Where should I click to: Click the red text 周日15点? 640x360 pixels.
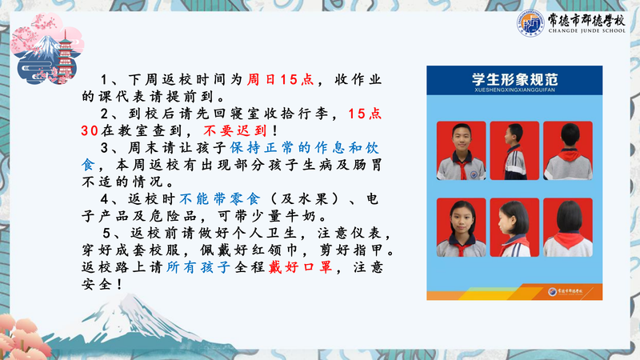pos(280,79)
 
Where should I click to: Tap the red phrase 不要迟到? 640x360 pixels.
pos(235,130)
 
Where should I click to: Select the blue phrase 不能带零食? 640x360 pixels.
pos(219,198)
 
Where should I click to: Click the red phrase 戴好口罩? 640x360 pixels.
pos(301,267)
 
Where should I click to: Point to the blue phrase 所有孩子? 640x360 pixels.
pos(198,267)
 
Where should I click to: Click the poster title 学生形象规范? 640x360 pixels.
pos(514,78)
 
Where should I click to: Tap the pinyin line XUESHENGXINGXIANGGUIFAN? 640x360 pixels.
pos(514,90)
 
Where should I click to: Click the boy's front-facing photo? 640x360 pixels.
pos(462,150)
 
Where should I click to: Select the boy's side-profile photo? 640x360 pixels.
pos(514,150)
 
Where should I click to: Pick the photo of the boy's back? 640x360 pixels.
pos(568,150)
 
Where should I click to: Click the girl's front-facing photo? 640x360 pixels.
pos(462,227)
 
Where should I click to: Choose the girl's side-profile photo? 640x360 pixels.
pos(514,227)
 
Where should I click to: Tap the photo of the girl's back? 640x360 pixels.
pos(568,227)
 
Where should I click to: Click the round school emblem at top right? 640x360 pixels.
pos(530,23)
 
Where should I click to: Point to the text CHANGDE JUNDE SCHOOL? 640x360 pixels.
pos(586,30)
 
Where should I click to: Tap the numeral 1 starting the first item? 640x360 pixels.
pos(105,79)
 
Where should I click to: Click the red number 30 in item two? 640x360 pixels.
pos(90,131)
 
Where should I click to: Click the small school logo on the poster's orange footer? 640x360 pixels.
pos(553,291)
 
